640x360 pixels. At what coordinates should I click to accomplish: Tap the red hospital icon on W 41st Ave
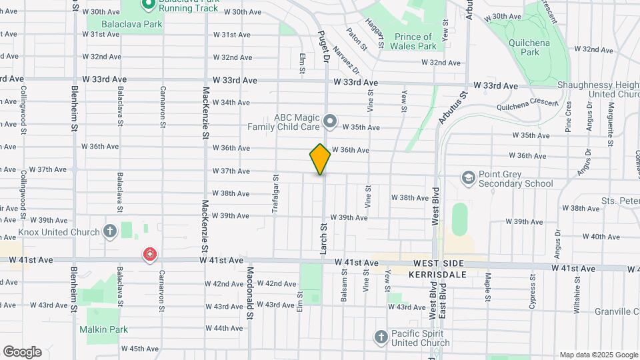click(x=151, y=255)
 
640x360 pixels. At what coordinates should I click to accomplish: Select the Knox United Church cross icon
click(x=111, y=232)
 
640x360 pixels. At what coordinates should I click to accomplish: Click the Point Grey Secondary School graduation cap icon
click(x=469, y=177)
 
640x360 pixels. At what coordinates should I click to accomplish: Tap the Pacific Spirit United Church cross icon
click(x=381, y=337)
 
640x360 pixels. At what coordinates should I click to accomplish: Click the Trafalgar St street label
click(x=275, y=193)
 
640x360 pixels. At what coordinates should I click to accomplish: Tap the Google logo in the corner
click(x=22, y=352)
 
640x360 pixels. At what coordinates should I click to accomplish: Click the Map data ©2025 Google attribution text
click(x=598, y=355)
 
